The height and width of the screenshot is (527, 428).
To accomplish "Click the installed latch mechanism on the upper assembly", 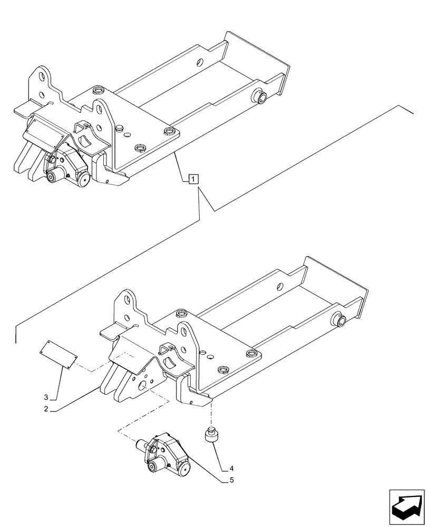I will [x=66, y=166].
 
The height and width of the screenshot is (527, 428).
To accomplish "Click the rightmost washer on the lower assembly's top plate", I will [x=252, y=355].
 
